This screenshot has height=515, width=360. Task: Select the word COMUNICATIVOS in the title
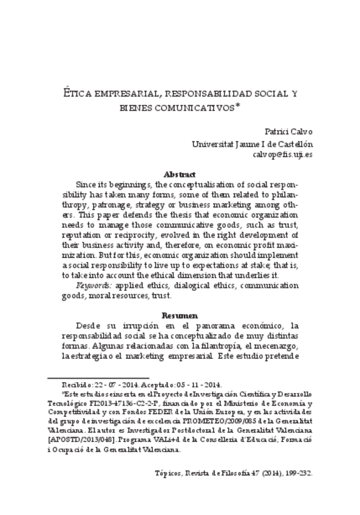(x=194, y=109)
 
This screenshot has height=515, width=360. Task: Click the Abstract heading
(x=180, y=174)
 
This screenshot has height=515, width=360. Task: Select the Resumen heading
(x=180, y=316)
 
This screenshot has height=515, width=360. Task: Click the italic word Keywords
(x=94, y=284)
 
